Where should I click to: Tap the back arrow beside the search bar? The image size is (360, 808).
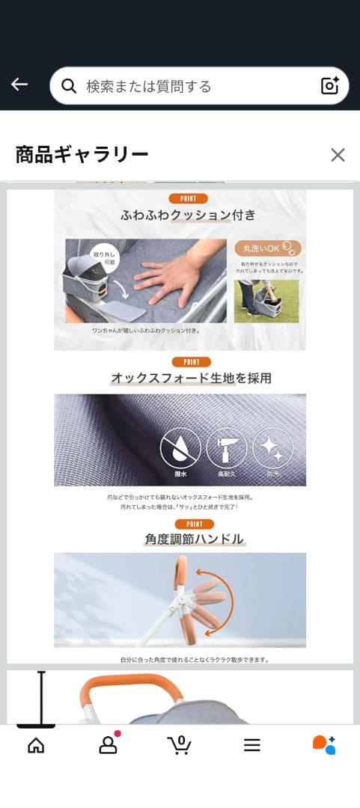click(19, 85)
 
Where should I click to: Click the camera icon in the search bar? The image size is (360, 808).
click(330, 85)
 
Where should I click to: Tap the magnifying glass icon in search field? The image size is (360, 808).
click(69, 86)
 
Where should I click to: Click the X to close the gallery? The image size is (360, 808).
click(338, 155)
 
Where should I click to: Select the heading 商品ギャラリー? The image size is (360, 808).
click(82, 155)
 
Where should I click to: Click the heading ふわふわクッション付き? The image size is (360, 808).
click(188, 215)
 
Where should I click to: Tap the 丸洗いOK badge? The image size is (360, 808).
click(267, 249)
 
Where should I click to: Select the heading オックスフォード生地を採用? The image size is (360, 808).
click(191, 379)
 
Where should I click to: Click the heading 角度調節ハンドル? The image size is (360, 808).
click(194, 539)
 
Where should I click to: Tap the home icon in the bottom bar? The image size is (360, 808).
click(36, 745)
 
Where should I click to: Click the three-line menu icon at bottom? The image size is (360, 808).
click(252, 745)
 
